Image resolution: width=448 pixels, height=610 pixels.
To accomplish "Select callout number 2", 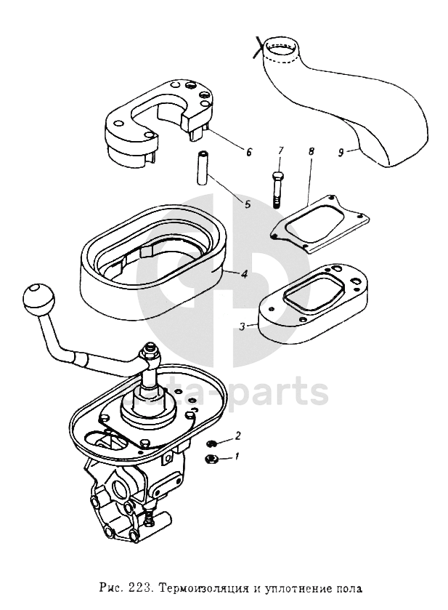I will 237,436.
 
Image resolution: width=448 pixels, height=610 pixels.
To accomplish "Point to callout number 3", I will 242,326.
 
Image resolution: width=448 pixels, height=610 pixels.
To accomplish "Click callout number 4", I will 245,275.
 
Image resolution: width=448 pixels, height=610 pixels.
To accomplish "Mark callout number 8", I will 311,153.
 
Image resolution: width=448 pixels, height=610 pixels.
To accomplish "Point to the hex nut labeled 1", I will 213,458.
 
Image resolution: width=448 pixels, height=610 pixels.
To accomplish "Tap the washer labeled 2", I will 212,443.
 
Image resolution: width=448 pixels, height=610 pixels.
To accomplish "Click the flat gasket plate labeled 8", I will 319,222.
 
